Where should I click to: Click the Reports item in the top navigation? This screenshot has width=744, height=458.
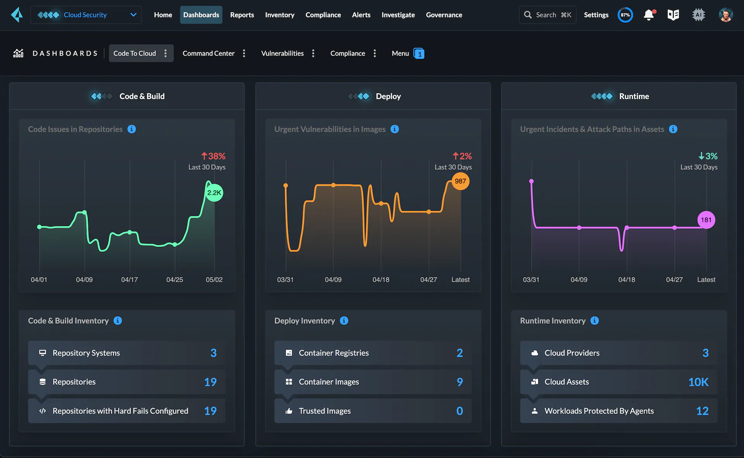(242, 15)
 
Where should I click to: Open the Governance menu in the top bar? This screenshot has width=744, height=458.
(444, 15)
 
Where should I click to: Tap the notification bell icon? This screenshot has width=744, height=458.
(649, 15)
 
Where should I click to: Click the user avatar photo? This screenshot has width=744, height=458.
(725, 15)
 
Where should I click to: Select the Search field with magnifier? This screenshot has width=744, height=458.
(547, 15)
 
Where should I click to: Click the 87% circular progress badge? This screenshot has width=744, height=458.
(625, 15)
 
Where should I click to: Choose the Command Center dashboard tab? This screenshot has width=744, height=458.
(208, 53)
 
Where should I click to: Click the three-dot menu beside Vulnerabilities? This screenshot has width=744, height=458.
(313, 53)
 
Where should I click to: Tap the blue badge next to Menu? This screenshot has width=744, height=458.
(419, 53)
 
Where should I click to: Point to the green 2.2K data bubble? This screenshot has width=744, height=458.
(214, 193)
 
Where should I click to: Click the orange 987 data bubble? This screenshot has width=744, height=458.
(460, 181)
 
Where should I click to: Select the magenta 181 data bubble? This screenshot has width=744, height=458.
(706, 220)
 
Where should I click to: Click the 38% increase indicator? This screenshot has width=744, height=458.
(213, 156)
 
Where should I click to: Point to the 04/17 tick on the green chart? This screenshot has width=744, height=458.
(129, 279)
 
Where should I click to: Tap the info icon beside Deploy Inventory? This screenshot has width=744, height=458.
(344, 320)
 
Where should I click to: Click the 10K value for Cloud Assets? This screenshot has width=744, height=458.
(698, 382)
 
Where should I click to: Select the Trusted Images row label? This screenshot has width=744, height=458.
(324, 411)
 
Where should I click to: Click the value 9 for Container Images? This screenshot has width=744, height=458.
(460, 382)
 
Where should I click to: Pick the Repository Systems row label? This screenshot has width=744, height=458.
(86, 353)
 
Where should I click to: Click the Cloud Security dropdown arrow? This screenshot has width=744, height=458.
(133, 15)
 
